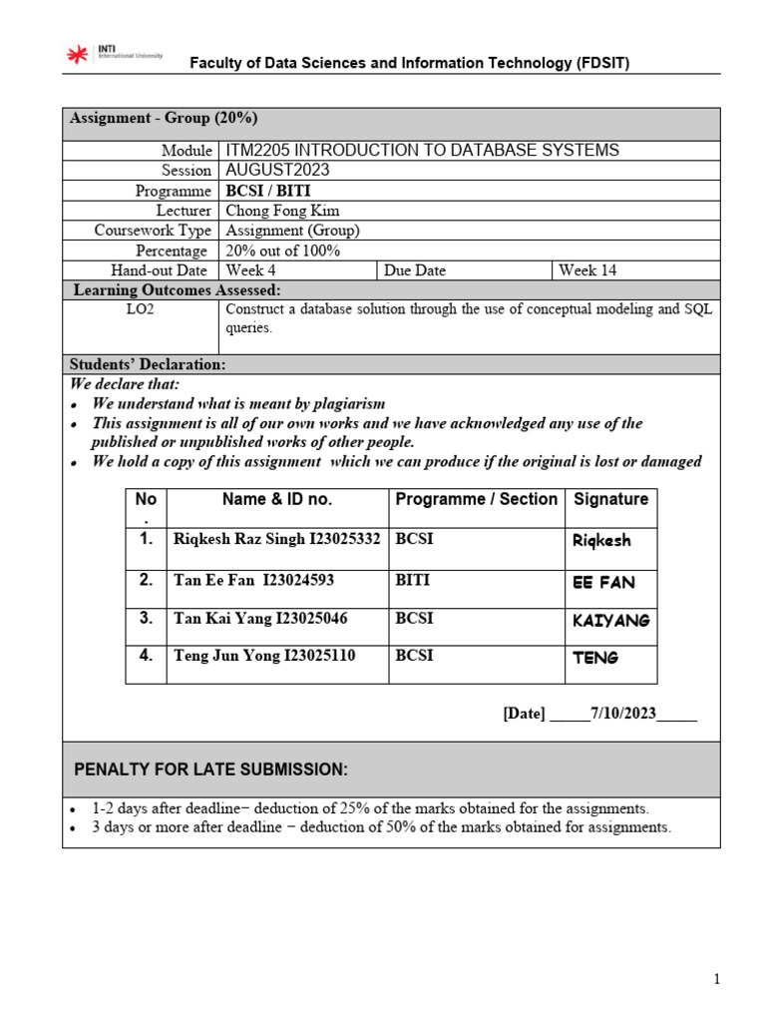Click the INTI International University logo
pyautogui.click(x=114, y=56)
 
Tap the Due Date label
pyautogui.click(x=415, y=270)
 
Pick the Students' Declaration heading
pyautogui.click(x=148, y=364)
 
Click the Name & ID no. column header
pyautogui.click(x=277, y=499)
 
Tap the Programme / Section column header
pyautogui.click(x=476, y=499)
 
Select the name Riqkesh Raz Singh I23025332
pyautogui.click(x=276, y=540)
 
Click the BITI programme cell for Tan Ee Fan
pyautogui.click(x=414, y=580)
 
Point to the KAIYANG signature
pyautogui.click(x=610, y=621)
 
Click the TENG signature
pyautogui.click(x=595, y=658)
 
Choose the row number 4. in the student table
pyautogui.click(x=146, y=656)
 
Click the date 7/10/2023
pyautogui.click(x=622, y=714)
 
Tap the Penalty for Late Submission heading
pyautogui.click(x=211, y=769)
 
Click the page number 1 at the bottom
pyautogui.click(x=716, y=980)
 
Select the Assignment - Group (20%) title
pyautogui.click(x=164, y=118)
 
